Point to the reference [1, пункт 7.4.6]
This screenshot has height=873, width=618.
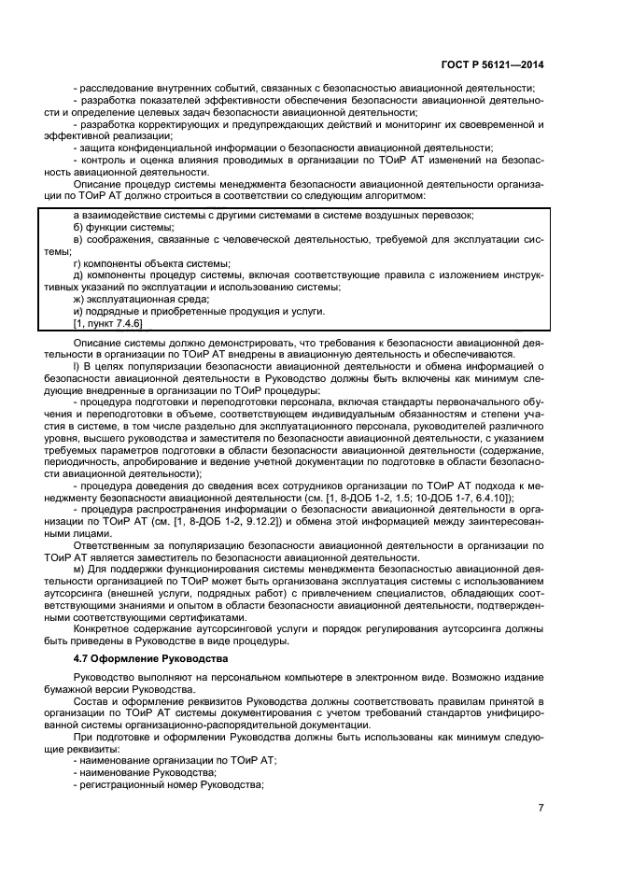[107, 323]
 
